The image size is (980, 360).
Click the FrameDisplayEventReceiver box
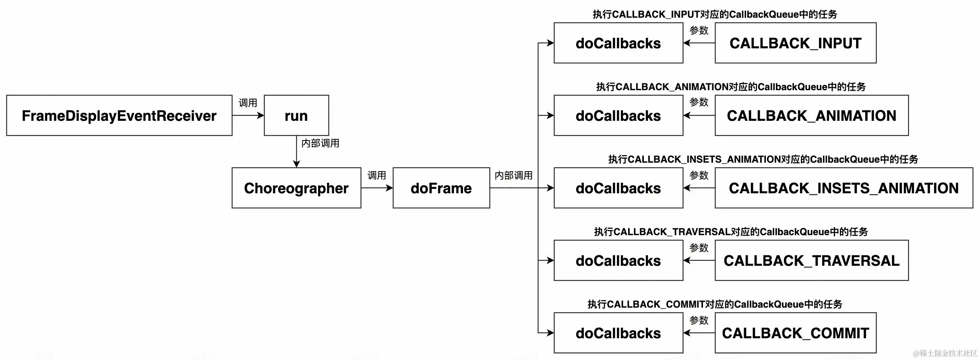coord(119,116)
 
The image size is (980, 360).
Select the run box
coord(296,116)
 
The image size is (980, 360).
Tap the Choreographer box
coord(296,188)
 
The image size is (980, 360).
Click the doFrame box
coord(441,188)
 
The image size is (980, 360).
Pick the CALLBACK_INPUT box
coord(796,43)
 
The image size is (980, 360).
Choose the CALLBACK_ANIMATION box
coord(812,116)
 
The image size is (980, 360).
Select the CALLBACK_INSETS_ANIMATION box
coord(844,188)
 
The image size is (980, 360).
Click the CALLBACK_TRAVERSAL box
coord(812,261)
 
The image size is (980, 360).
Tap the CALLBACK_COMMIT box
coord(796,333)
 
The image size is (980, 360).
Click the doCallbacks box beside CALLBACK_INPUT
coord(618,43)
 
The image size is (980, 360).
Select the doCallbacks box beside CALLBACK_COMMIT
coord(618,333)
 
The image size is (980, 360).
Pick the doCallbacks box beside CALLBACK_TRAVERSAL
coord(618,261)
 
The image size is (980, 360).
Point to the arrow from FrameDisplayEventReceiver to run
coord(248,116)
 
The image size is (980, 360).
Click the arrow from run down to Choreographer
coord(296,151)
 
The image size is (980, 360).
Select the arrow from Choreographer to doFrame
coord(377,188)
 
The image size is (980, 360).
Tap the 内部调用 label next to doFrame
coord(513,176)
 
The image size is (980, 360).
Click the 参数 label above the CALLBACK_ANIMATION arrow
coord(699,102)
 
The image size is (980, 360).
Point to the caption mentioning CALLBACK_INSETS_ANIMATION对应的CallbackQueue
coord(763,159)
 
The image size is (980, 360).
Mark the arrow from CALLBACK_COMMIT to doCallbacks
coord(699,333)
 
